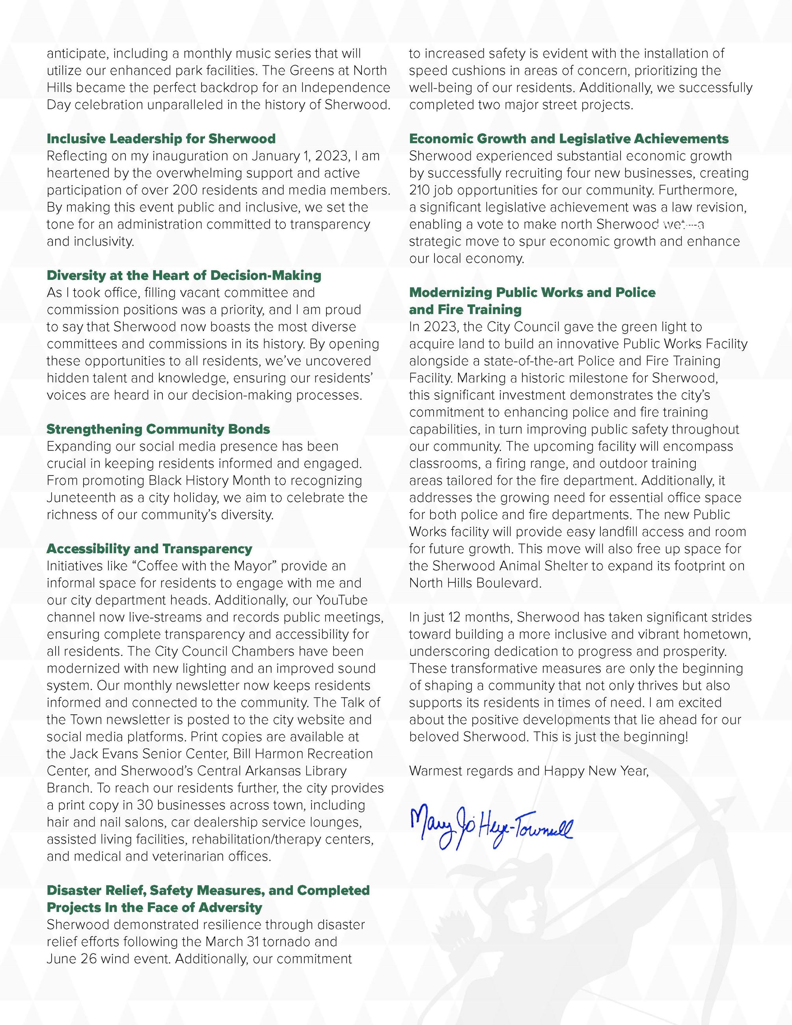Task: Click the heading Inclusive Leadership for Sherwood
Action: click(x=161, y=139)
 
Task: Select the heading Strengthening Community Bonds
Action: click(x=158, y=429)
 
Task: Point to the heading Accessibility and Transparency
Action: click(x=149, y=549)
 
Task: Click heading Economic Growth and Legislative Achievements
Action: click(x=568, y=139)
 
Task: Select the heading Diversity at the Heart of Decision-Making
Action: click(x=184, y=276)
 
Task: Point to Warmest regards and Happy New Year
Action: click(x=529, y=771)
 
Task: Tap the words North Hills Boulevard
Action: click(x=475, y=583)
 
